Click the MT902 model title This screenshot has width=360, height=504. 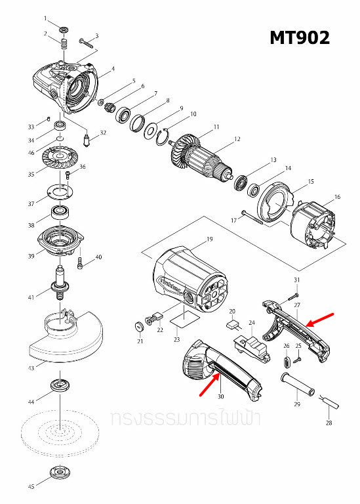300,38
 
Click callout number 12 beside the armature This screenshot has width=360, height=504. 238,138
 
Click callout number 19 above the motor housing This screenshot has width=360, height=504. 210,239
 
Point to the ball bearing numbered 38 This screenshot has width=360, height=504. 62,213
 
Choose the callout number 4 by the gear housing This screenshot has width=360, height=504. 113,68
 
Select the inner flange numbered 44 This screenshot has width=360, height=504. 60,385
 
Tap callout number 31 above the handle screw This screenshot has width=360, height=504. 296,280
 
